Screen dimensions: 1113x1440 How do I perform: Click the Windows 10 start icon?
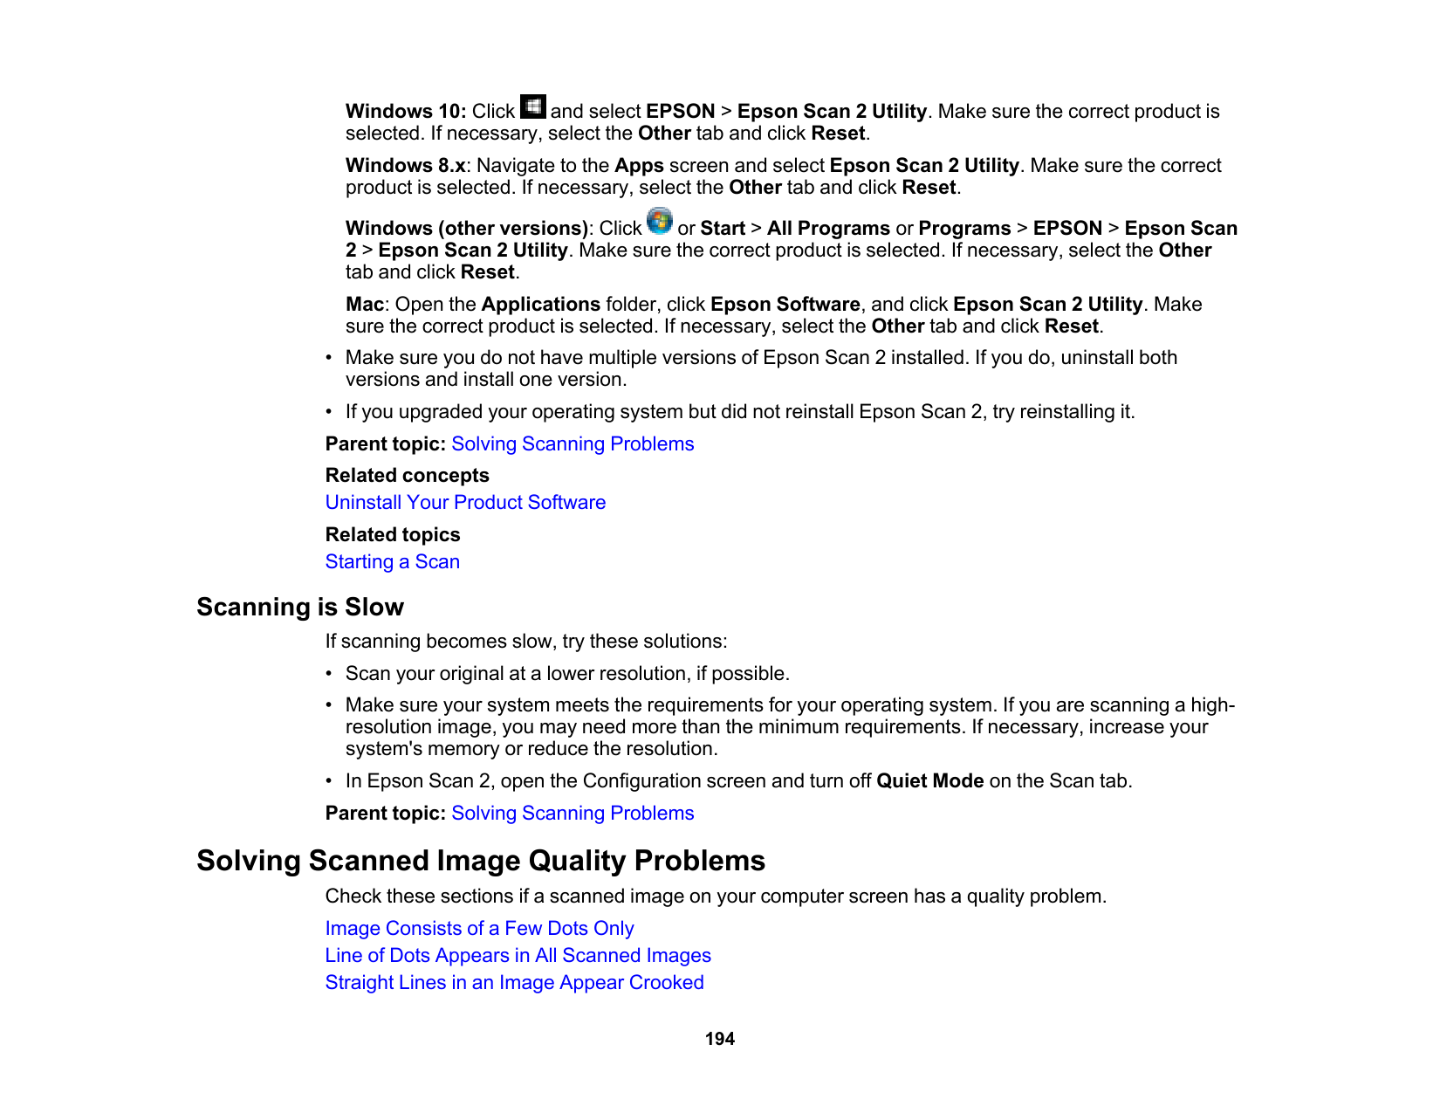[x=532, y=106]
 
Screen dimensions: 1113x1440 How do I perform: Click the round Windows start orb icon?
[x=660, y=221]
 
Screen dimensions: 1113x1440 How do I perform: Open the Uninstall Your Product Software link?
[x=465, y=503]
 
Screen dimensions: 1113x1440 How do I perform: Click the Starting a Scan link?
[x=392, y=562]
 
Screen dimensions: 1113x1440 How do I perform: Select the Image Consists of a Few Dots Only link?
[x=479, y=929]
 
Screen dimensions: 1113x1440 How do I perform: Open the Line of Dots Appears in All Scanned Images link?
[x=518, y=956]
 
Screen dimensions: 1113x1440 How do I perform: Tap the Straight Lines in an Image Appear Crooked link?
[x=514, y=983]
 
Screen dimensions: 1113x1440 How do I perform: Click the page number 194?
[x=720, y=1039]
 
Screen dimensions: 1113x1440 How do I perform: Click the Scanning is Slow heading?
[x=299, y=607]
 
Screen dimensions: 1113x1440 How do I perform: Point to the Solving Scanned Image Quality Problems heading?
[x=480, y=861]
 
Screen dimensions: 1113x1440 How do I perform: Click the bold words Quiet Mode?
[x=929, y=781]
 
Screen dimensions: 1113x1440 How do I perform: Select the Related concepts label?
[x=407, y=476]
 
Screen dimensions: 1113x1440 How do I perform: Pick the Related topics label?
[x=392, y=535]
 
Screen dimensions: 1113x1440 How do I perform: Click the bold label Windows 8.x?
[x=405, y=166]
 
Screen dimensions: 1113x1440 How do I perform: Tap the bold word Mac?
[x=364, y=305]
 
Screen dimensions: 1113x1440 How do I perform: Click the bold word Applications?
[x=540, y=305]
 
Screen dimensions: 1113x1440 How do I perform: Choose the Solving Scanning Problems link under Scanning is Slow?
[x=573, y=814]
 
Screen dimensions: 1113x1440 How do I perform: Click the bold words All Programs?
[x=828, y=229]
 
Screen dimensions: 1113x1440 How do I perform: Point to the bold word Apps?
[x=639, y=166]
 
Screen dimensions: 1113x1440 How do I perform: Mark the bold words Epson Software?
[x=785, y=305]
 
